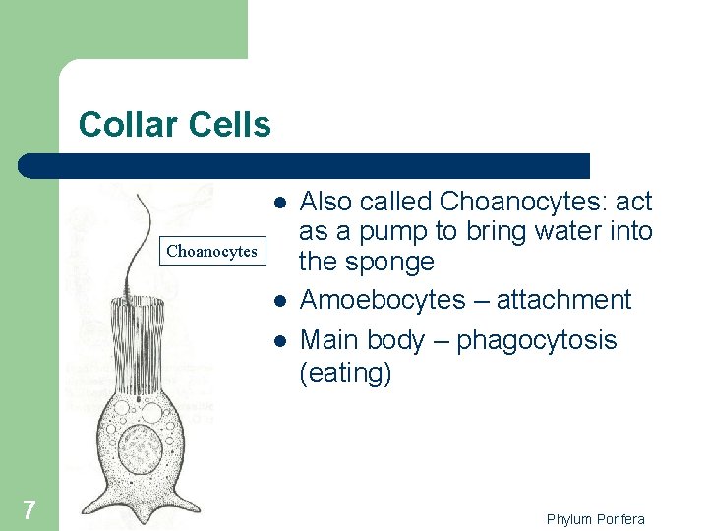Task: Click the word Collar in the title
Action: click(125, 125)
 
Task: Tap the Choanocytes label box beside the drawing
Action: click(211, 252)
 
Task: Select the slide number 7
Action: click(29, 509)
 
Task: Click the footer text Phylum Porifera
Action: click(595, 519)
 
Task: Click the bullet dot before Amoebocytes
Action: click(280, 299)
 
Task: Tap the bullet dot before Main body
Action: click(280, 340)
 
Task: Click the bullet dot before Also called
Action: click(280, 202)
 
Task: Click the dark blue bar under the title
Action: click(305, 165)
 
